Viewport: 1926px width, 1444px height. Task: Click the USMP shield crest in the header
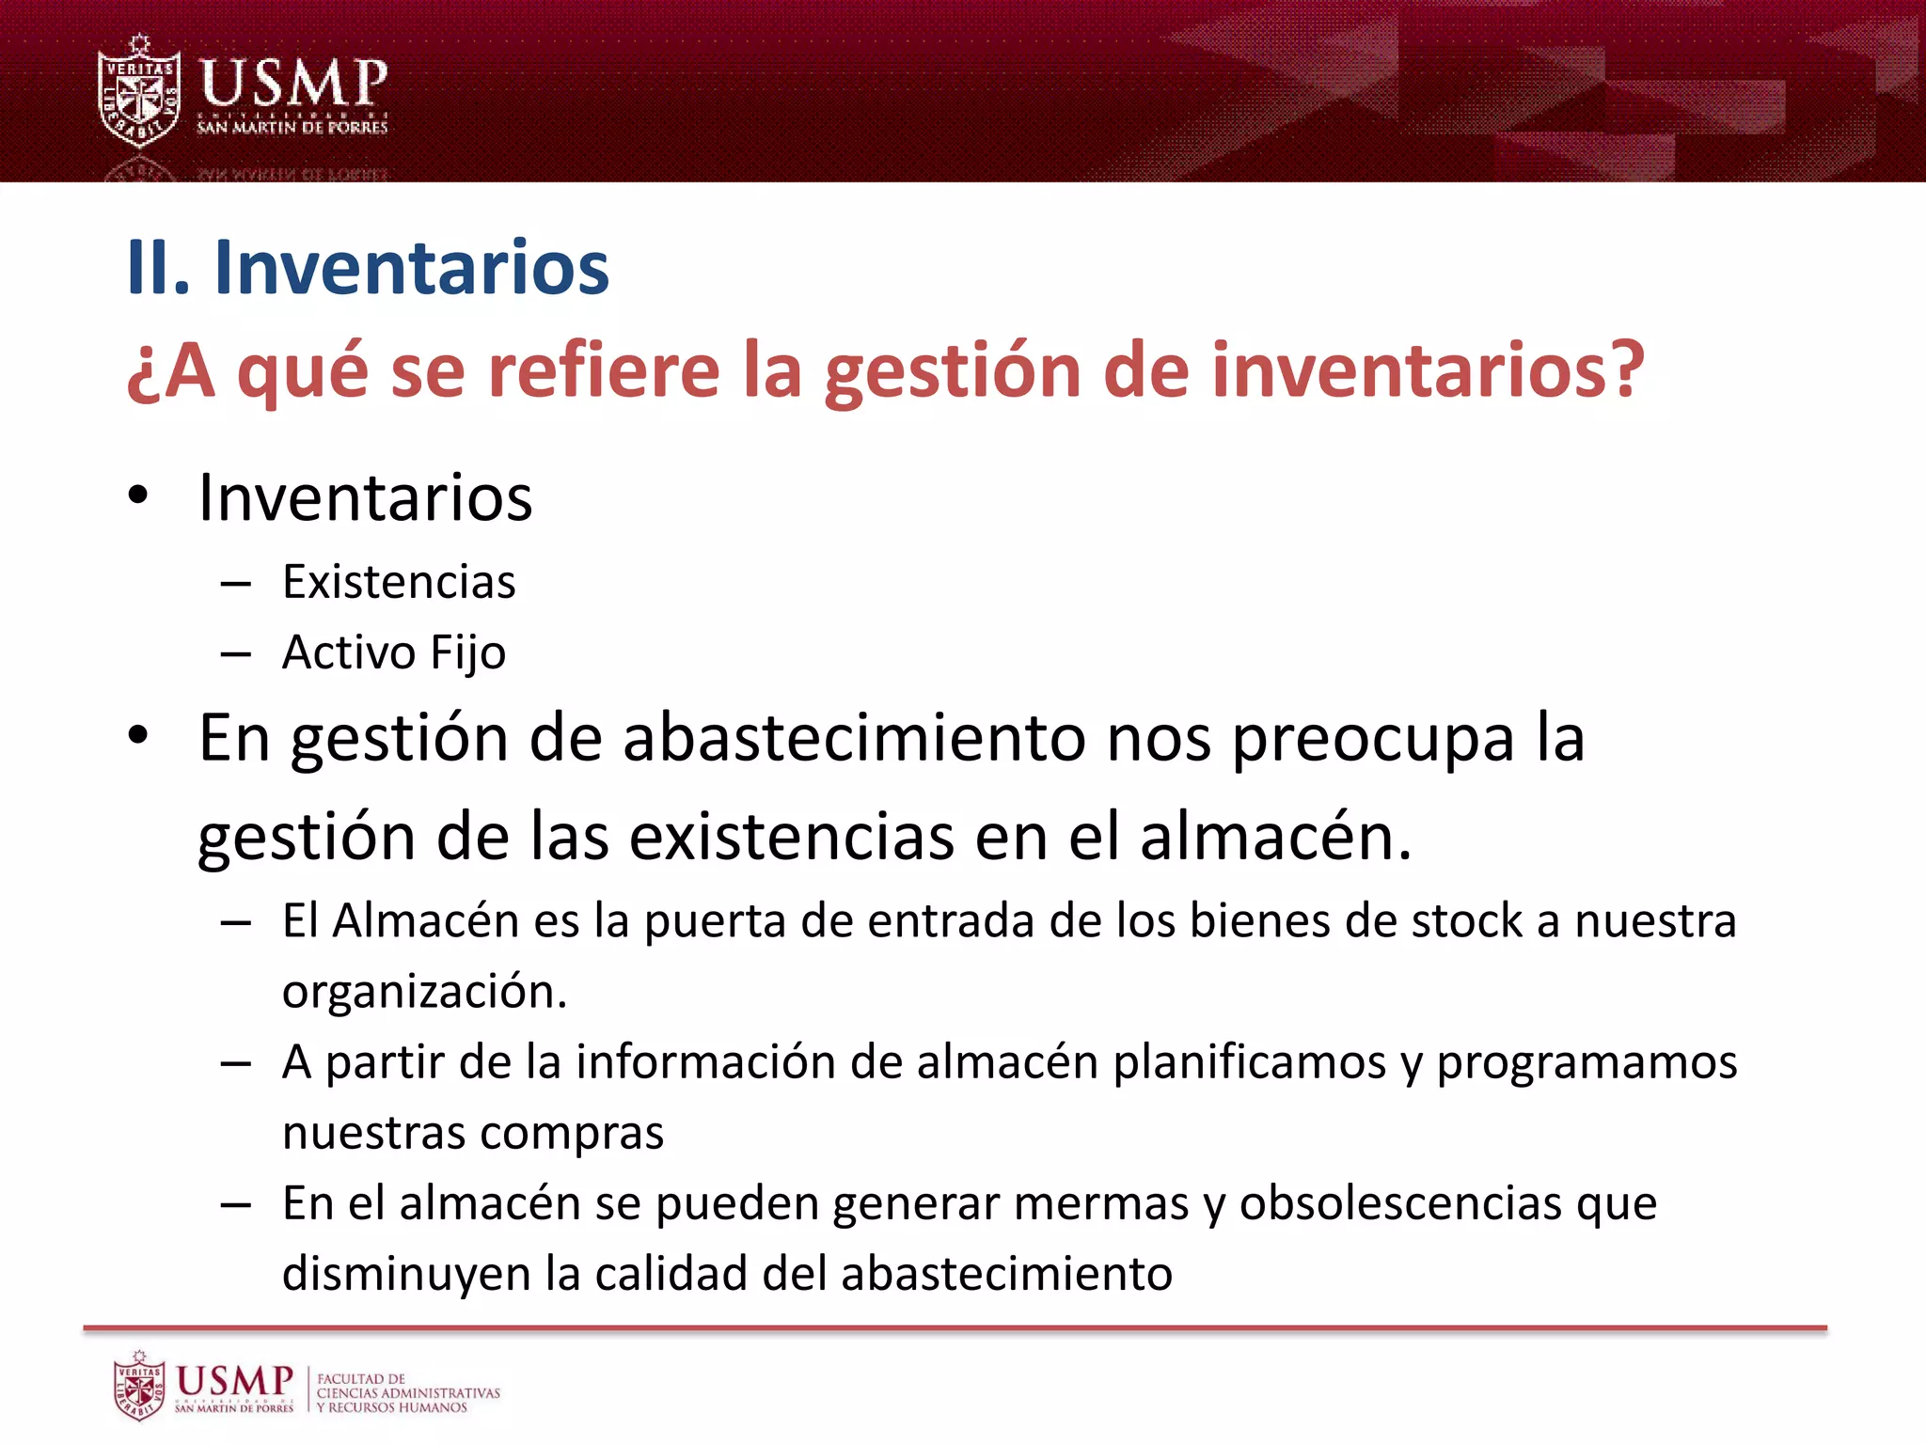139,92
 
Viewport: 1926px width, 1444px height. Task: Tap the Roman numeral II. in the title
158,268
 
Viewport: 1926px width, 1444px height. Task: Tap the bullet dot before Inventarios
138,495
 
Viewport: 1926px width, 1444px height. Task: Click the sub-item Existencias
399,582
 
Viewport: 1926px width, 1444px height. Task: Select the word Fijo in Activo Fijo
467,653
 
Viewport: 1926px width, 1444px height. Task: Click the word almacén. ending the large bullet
1275,836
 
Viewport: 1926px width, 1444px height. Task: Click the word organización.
424,992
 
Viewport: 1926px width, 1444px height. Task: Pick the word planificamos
1250,1063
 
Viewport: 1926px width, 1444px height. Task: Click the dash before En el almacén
235,1204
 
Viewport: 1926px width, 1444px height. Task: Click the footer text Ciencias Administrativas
408,1392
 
